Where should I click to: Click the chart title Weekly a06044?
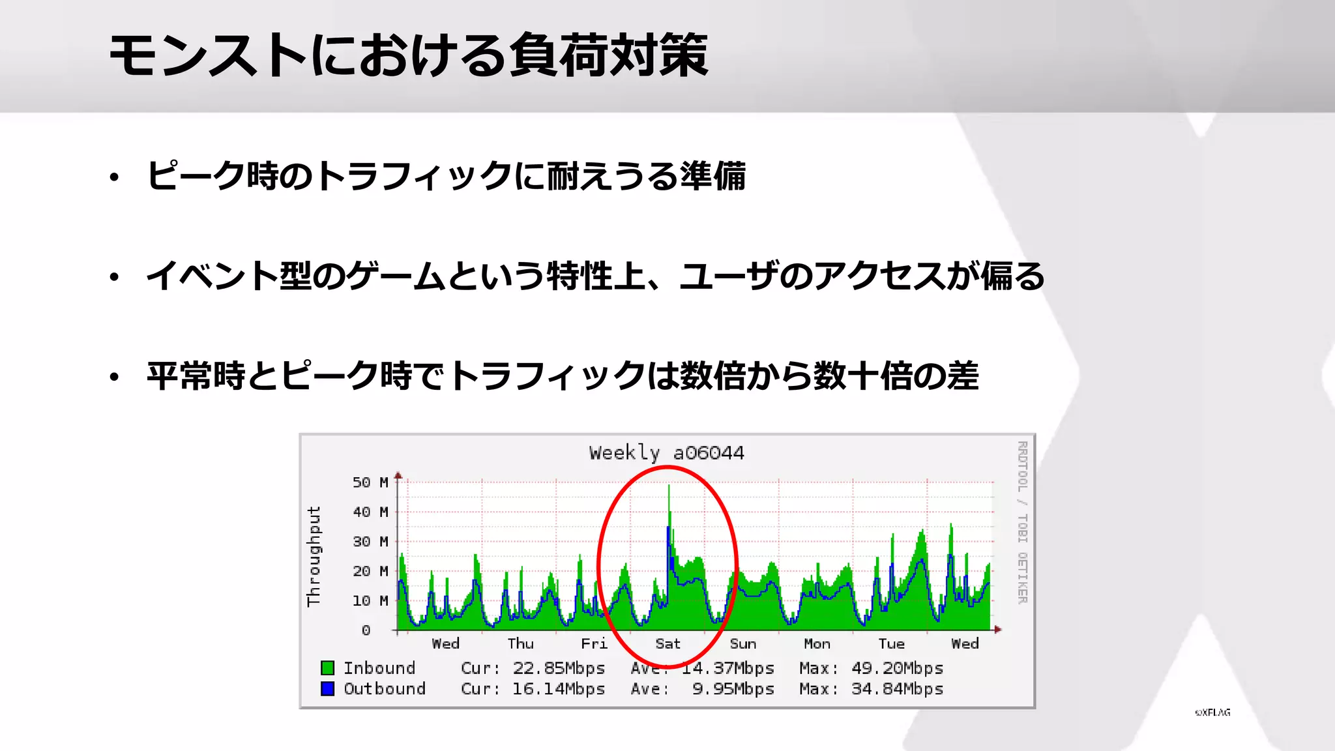pos(666,452)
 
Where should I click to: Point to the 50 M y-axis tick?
pos(370,482)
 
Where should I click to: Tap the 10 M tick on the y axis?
pos(370,600)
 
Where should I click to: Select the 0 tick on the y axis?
pos(366,630)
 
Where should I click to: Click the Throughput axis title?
pos(314,556)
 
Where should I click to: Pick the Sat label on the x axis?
pos(667,644)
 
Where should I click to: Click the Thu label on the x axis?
pos(520,644)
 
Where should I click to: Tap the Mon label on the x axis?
pos(817,644)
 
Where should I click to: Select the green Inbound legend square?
pos(327,668)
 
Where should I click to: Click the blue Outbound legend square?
pos(327,688)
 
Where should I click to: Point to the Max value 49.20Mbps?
pos(897,668)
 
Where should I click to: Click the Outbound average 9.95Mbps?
pos(733,689)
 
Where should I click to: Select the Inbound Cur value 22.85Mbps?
pos(559,668)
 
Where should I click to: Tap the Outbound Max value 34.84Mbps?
pos(897,689)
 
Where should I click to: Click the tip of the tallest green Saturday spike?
pos(669,486)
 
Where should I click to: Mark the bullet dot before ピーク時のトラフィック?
pos(115,177)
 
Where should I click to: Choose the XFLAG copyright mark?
pos(1212,713)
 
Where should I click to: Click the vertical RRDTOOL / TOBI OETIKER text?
pos(1022,522)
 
